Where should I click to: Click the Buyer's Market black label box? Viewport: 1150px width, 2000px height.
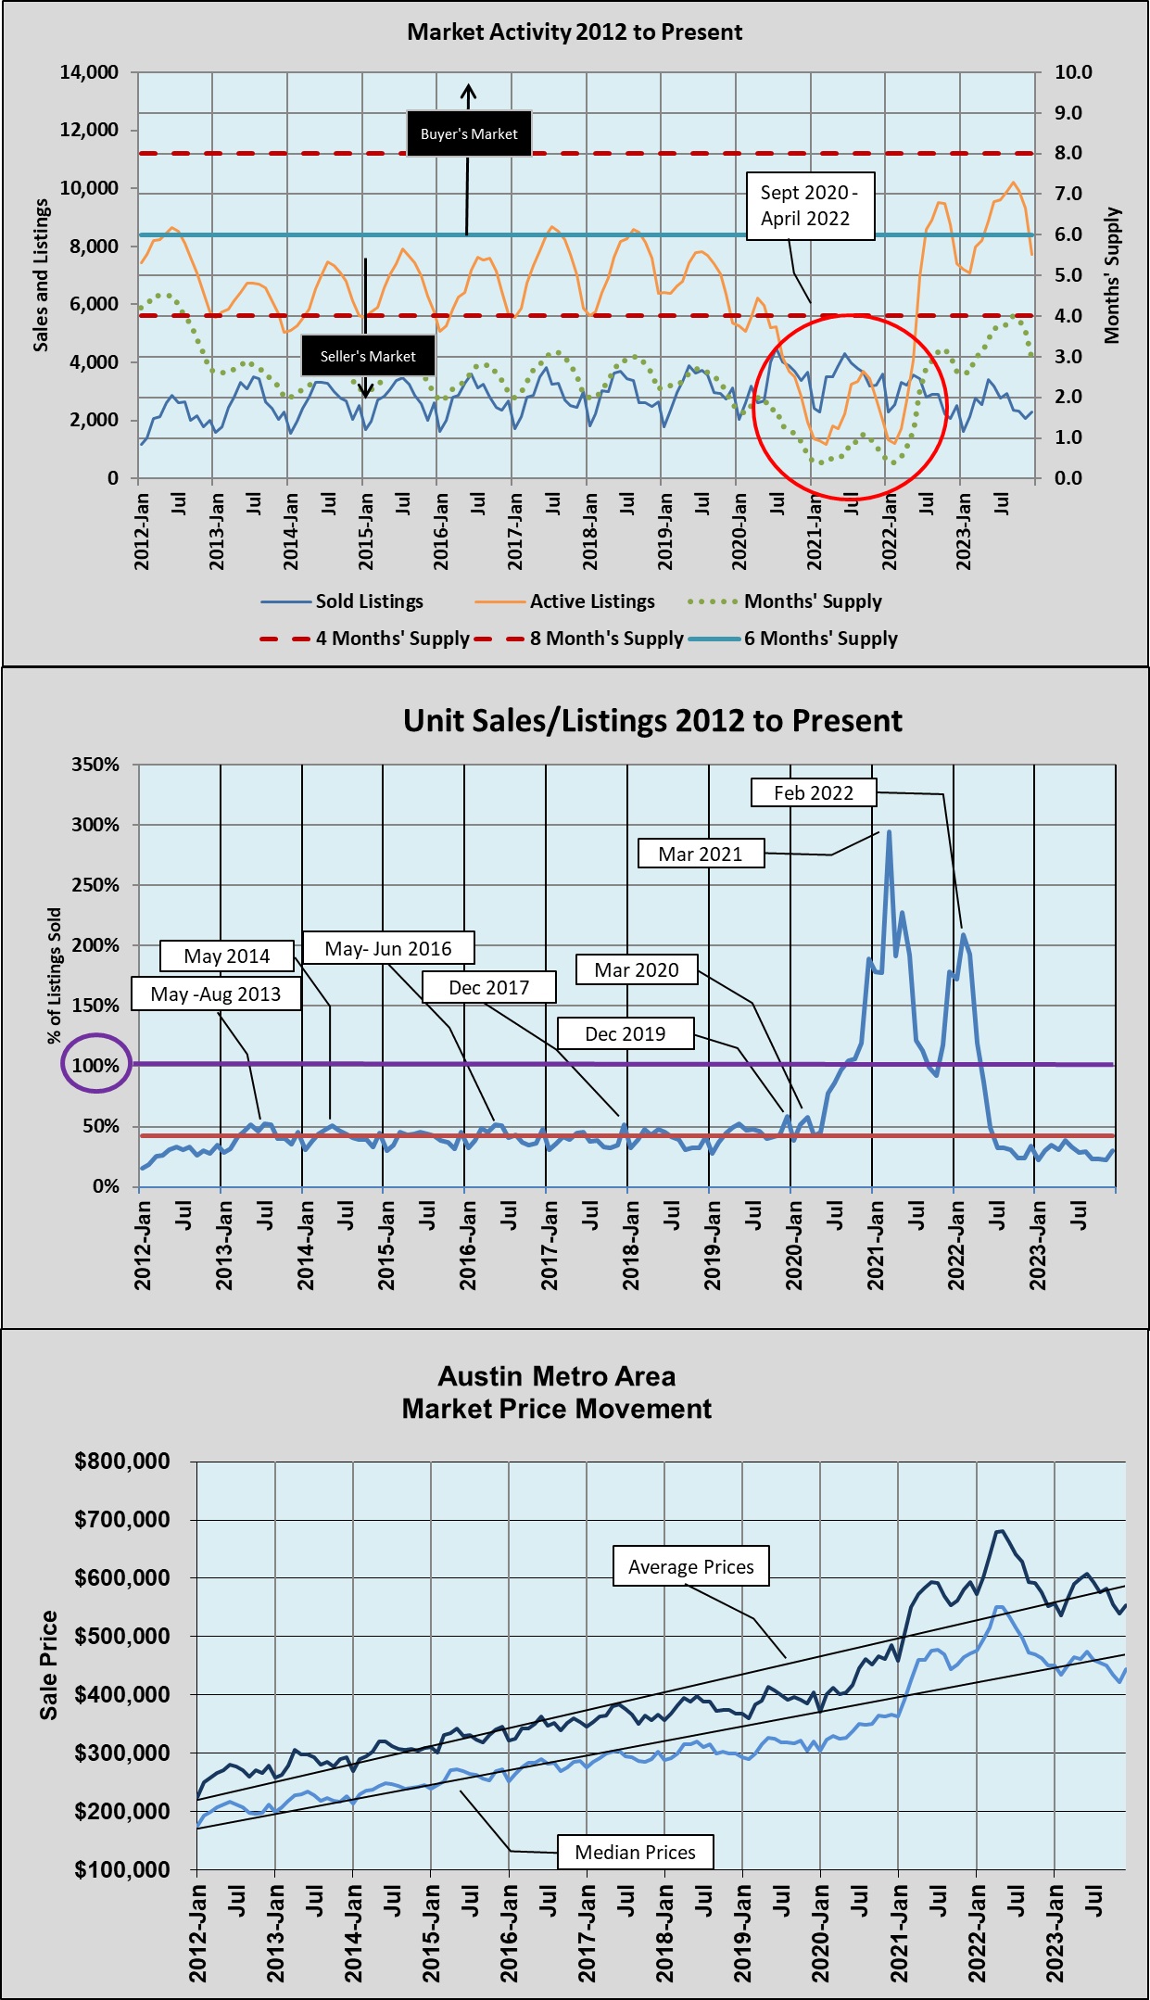(x=469, y=133)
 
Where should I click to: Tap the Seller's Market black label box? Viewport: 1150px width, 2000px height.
(x=368, y=356)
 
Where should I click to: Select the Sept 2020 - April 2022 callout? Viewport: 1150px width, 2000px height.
(x=810, y=206)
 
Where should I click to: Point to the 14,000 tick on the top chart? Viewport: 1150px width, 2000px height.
(x=89, y=72)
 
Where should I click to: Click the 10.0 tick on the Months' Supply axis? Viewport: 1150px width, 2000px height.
(x=1073, y=72)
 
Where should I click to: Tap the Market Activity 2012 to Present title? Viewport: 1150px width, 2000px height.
(x=575, y=32)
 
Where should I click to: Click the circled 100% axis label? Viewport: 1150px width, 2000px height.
(x=95, y=1065)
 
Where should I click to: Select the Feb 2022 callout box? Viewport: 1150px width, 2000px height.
(x=814, y=792)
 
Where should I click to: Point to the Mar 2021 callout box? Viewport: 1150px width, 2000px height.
(x=701, y=854)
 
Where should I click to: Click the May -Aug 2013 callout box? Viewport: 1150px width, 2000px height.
(x=216, y=994)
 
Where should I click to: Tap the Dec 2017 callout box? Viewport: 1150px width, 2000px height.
(x=489, y=987)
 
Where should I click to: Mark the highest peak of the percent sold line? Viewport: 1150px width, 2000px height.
(x=890, y=831)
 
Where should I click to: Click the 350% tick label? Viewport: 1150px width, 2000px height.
(x=95, y=765)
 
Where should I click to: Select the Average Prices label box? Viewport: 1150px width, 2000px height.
(x=690, y=1566)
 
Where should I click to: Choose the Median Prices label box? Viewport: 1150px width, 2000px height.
(x=635, y=1852)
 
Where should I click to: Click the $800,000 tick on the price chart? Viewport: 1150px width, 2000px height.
(x=122, y=1462)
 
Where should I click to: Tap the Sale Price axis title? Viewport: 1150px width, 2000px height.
(x=48, y=1665)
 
